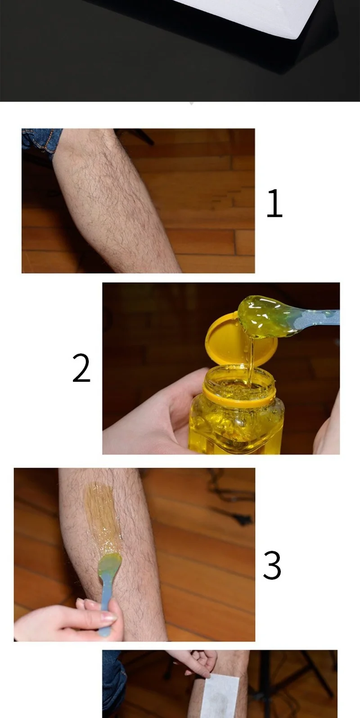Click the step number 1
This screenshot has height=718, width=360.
(x=274, y=203)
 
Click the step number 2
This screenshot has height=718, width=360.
(x=81, y=368)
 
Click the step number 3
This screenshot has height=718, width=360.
(x=272, y=565)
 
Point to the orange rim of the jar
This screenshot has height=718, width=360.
(x=238, y=396)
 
